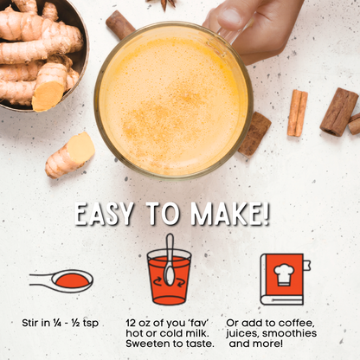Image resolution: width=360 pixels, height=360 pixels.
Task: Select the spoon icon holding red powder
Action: pyautogui.click(x=61, y=280)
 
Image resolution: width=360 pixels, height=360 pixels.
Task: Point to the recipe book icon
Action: pyautogui.click(x=282, y=278)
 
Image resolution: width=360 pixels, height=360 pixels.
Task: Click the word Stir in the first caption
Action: pyautogui.click(x=32, y=323)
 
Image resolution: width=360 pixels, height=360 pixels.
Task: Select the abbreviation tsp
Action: pyautogui.click(x=89, y=323)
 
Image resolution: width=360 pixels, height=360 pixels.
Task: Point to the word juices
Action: pyautogui.click(x=243, y=332)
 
